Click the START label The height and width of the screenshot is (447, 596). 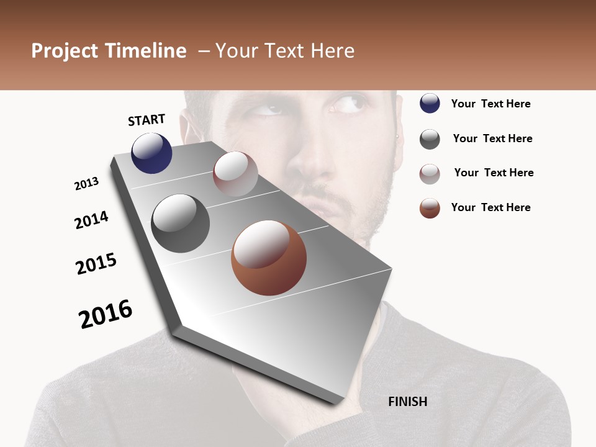147,119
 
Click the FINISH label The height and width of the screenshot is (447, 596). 407,402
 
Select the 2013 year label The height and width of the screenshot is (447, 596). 86,184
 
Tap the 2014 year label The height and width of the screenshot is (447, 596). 91,220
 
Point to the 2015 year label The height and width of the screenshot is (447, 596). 96,264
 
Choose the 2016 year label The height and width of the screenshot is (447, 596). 106,314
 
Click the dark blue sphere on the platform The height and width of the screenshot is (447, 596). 151,153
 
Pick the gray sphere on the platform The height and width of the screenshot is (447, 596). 180,223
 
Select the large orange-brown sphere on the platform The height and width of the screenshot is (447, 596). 269,258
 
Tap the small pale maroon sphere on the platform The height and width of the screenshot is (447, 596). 235,174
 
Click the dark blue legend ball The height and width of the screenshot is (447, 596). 430,103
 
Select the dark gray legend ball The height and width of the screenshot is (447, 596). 430,139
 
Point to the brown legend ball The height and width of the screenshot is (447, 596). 430,208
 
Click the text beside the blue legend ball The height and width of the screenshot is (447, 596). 490,104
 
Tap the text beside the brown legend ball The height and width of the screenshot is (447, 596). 490,207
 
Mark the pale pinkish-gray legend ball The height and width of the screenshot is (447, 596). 430,174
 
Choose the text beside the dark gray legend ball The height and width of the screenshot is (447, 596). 492,138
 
